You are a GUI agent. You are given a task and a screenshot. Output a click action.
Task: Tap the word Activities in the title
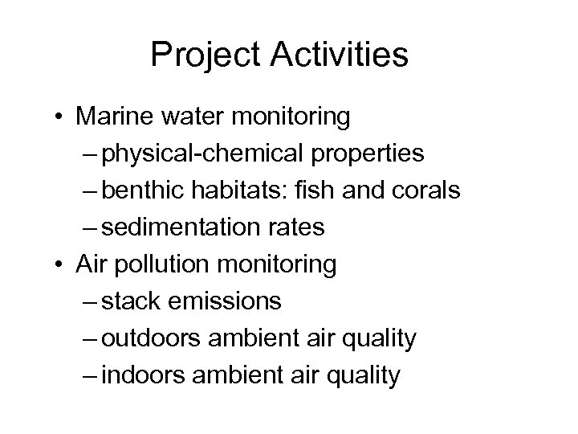point(338,55)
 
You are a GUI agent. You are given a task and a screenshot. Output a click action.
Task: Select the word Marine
point(112,117)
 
